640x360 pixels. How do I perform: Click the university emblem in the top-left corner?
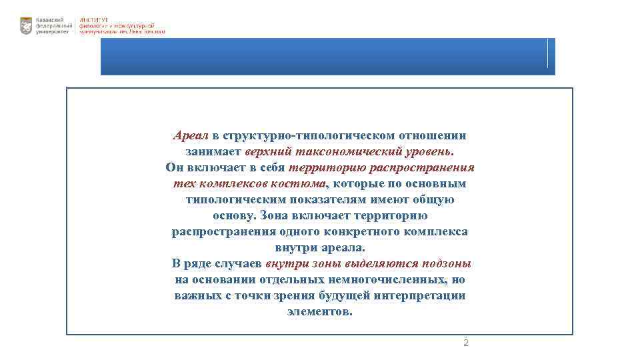(26, 26)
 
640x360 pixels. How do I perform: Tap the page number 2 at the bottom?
(465, 343)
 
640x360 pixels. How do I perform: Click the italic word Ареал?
(191, 136)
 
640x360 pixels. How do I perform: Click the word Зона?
(273, 216)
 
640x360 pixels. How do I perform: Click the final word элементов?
(320, 311)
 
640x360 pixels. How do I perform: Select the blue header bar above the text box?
(327, 57)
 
